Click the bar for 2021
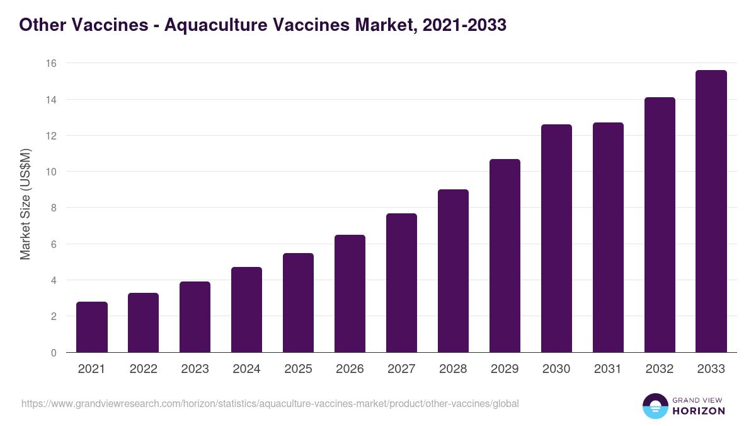pyautogui.click(x=92, y=327)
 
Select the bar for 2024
pyautogui.click(x=246, y=309)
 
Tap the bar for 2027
pyautogui.click(x=401, y=283)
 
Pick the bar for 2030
pyautogui.click(x=556, y=239)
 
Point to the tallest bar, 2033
pyautogui.click(x=711, y=211)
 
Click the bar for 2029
pyautogui.click(x=505, y=256)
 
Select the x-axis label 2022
pyautogui.click(x=144, y=369)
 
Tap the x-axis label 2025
pyautogui.click(x=298, y=369)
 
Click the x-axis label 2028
pyautogui.click(x=453, y=369)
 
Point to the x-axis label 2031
pyautogui.click(x=608, y=369)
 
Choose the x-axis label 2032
pyautogui.click(x=660, y=369)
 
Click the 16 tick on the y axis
pyautogui.click(x=51, y=63)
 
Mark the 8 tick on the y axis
pyautogui.click(x=54, y=208)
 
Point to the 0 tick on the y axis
pyautogui.click(x=54, y=353)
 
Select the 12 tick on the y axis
pyautogui.click(x=51, y=136)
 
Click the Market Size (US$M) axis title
pyautogui.click(x=25, y=203)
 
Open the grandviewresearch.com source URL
pyautogui.click(x=270, y=403)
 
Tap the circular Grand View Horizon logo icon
pyautogui.click(x=655, y=406)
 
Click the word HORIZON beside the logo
pyautogui.click(x=698, y=411)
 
